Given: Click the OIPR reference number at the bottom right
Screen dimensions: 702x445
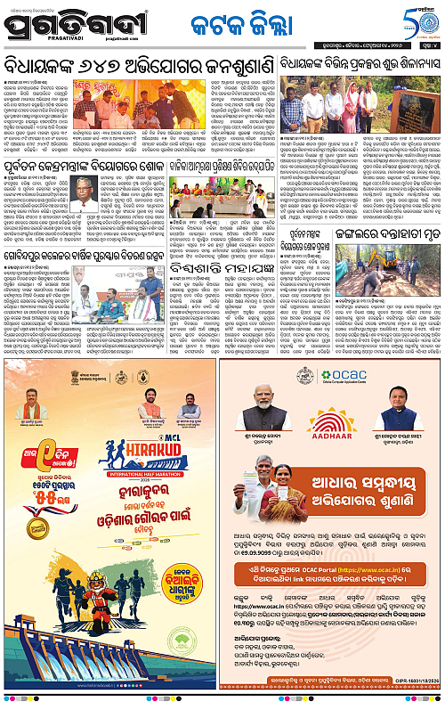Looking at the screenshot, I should tap(415, 682).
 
